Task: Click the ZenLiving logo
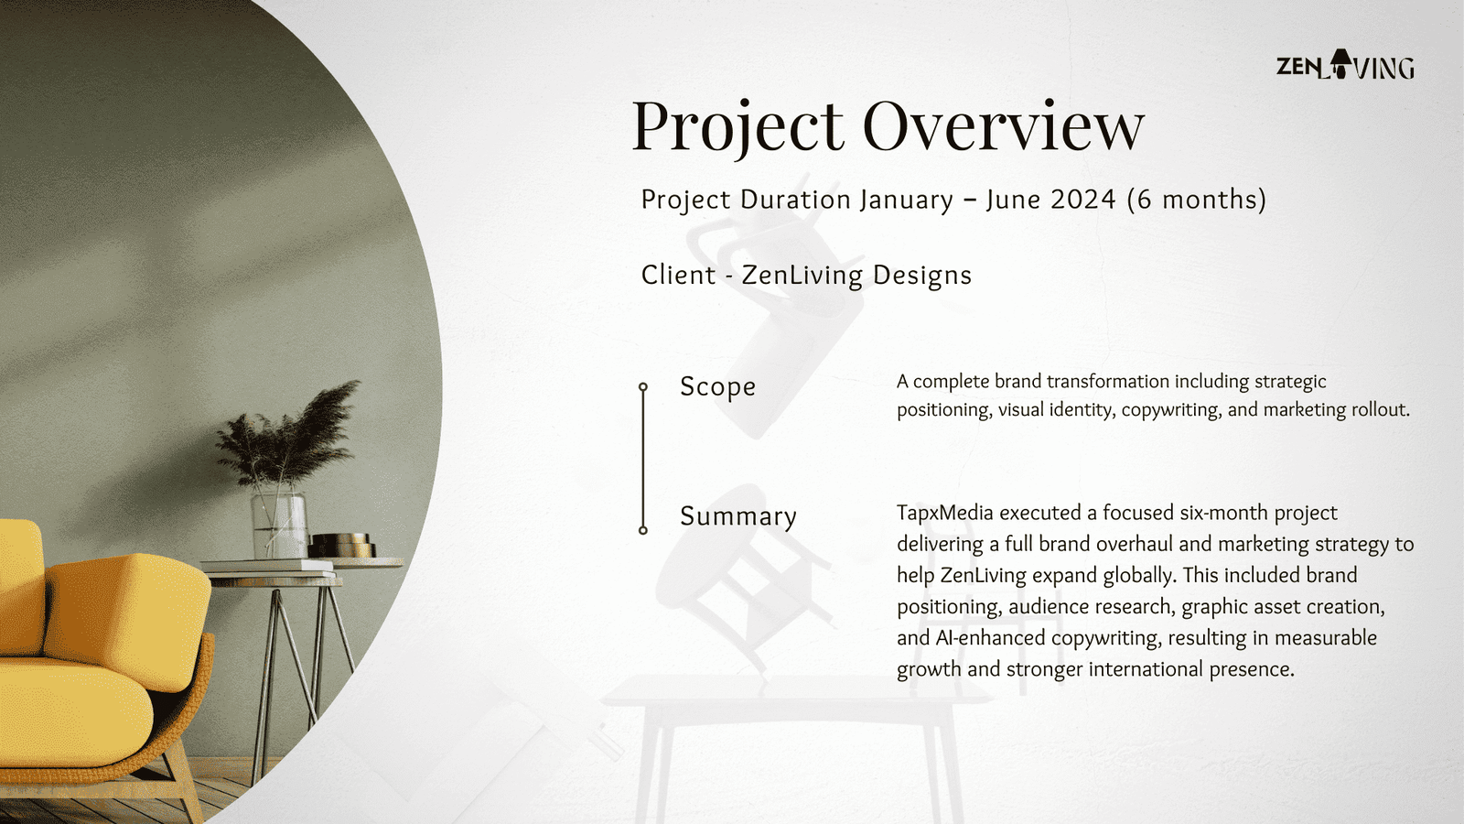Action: (1345, 65)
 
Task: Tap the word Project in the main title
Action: (737, 129)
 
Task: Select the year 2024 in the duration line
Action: (1083, 199)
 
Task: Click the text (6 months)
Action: (1197, 200)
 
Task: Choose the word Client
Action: (678, 275)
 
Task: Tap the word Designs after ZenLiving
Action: (922, 276)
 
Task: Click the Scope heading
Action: (717, 386)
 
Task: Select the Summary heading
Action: (738, 516)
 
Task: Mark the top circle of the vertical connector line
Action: (643, 387)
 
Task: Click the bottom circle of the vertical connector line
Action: (643, 530)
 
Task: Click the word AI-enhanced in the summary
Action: (990, 637)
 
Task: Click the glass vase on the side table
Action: (279, 524)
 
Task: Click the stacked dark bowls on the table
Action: (342, 546)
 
